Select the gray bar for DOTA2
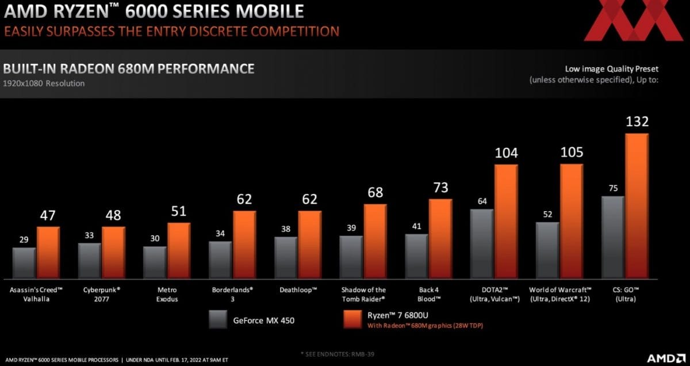[482, 242]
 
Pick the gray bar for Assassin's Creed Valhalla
[25, 262]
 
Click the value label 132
[637, 122]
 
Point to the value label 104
[506, 153]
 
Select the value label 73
[440, 188]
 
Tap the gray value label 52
[547, 214]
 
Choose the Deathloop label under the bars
[298, 289]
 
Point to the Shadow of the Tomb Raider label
[363, 294]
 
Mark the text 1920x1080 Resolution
[44, 83]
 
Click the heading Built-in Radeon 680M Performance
[129, 69]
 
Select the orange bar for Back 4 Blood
[440, 238]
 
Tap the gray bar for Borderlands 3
[221, 258]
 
